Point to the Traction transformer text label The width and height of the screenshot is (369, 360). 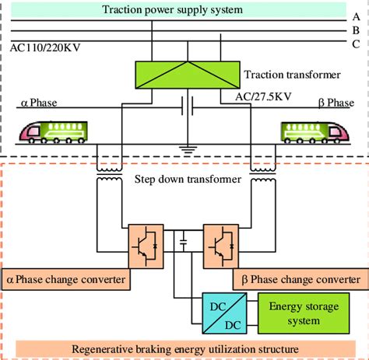point(292,75)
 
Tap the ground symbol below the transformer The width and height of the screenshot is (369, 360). point(188,145)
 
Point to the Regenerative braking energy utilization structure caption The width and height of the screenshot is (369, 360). point(184,348)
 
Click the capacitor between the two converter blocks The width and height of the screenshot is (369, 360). point(183,243)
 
